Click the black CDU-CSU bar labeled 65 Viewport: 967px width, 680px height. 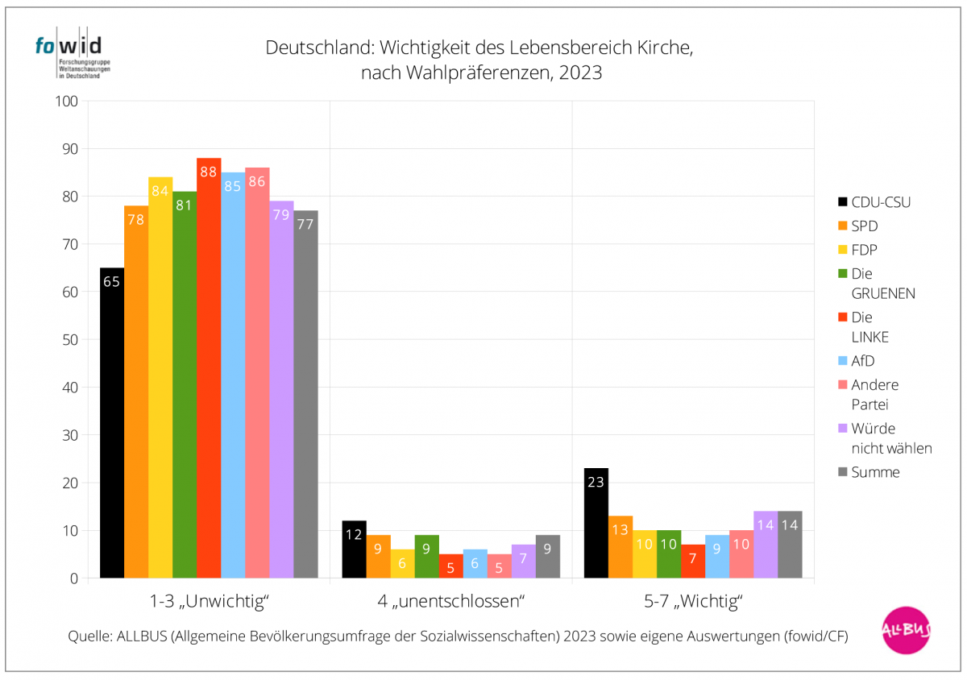tap(112, 423)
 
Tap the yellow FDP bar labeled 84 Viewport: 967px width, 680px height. tap(160, 378)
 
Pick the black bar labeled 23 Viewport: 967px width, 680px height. tap(596, 523)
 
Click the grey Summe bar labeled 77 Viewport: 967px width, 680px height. tap(305, 395)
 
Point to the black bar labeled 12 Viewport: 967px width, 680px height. tap(354, 549)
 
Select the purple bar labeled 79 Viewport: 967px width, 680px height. tap(281, 390)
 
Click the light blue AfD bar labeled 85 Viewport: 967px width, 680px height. tap(233, 375)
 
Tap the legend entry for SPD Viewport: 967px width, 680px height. tap(865, 226)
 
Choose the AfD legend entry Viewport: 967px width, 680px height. tap(862, 361)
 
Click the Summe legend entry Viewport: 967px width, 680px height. tap(875, 472)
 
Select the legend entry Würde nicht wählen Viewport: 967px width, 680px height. tap(891, 437)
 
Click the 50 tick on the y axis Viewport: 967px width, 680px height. tap(69, 340)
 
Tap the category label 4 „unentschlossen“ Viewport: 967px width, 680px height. tap(450, 601)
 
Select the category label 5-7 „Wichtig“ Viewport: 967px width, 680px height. tap(692, 601)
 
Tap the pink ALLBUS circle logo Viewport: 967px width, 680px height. tap(906, 630)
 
